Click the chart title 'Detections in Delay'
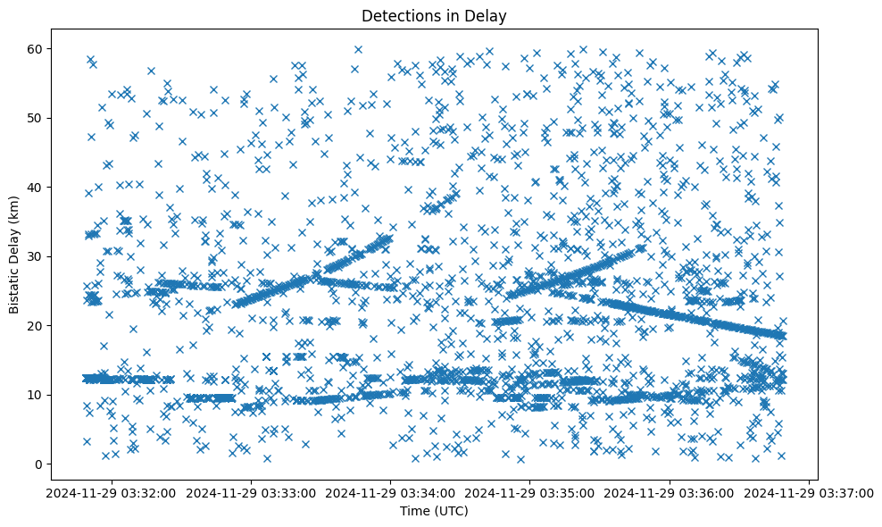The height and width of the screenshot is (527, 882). (x=433, y=15)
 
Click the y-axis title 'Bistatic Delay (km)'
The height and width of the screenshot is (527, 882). (x=15, y=254)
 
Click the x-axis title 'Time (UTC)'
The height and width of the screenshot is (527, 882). (x=433, y=511)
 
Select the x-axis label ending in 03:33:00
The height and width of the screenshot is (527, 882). (x=251, y=492)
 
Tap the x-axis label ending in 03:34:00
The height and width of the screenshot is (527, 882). (x=390, y=492)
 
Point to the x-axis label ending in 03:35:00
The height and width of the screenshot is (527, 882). (x=530, y=492)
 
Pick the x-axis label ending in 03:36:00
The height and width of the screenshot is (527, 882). (x=670, y=492)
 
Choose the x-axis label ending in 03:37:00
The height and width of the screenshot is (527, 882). (x=809, y=492)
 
